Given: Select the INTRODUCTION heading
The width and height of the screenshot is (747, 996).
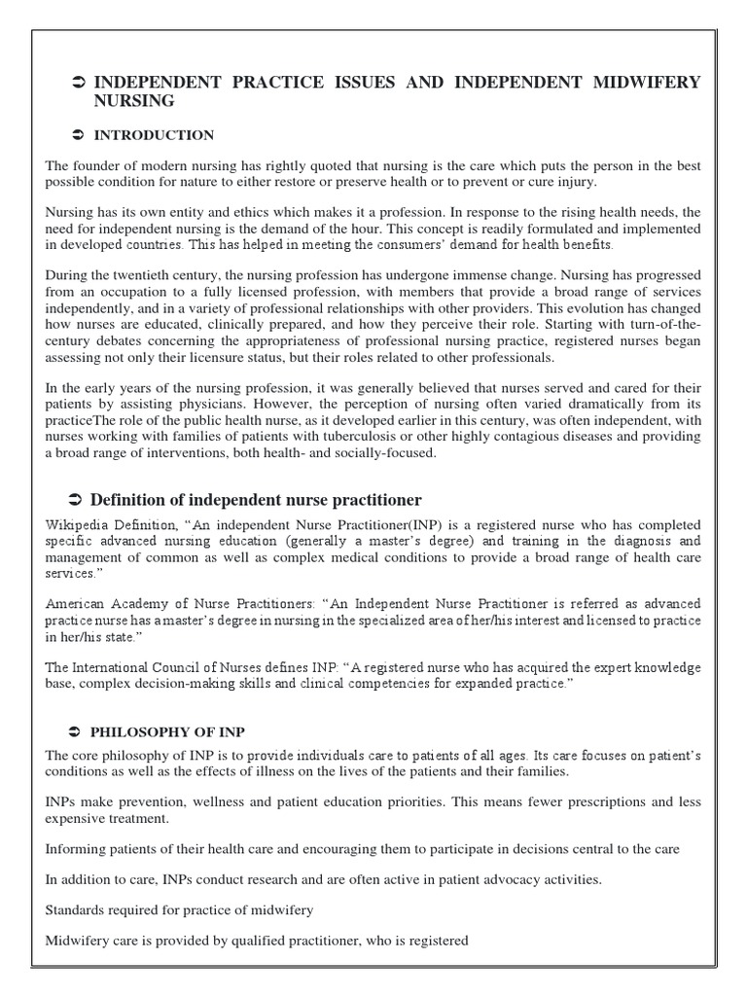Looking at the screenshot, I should tap(154, 135).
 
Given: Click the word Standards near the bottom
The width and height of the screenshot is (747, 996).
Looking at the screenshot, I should tap(76, 910).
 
